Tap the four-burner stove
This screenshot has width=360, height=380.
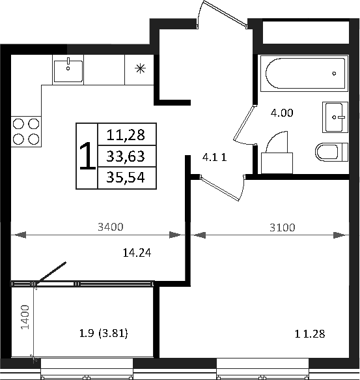click(26, 130)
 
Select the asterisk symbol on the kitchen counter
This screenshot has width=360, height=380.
click(139, 68)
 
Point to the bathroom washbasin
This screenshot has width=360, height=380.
click(336, 117)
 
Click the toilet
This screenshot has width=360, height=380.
click(332, 153)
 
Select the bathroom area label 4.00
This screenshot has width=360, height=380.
click(282, 112)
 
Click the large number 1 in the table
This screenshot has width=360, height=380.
click(87, 156)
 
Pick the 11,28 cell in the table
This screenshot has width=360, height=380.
click(126, 135)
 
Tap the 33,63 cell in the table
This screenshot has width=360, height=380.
click(126, 156)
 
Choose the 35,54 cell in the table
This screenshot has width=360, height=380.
click(126, 177)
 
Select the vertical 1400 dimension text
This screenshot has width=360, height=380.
click(25, 317)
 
